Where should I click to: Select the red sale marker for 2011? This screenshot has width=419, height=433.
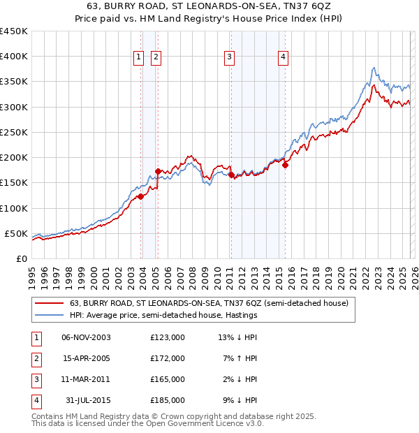tap(231, 175)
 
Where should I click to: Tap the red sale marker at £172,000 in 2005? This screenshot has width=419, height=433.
tap(158, 171)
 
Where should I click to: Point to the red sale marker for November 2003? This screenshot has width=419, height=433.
tap(140, 196)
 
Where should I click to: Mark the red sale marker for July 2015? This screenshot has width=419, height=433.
tap(285, 166)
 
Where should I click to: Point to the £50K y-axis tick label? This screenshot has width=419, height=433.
tap(16, 233)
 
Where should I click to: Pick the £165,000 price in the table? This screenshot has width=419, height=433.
tap(168, 379)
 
